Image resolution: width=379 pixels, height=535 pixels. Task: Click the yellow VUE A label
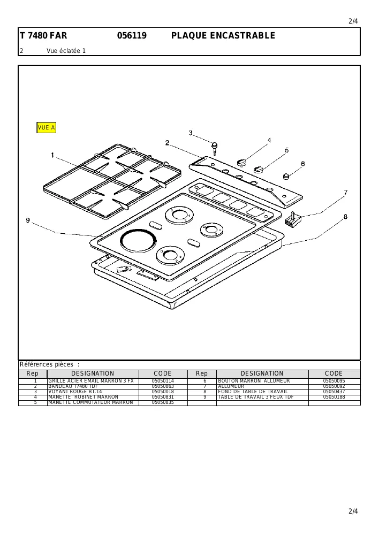click(46, 128)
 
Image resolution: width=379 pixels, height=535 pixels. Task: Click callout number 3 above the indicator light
click(191, 133)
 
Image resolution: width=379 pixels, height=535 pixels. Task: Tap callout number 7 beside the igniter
click(345, 193)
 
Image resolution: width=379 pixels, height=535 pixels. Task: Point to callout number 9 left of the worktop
click(28, 220)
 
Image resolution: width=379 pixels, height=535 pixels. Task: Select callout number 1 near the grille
click(52, 155)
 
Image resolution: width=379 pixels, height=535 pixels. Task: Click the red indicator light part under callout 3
click(215, 148)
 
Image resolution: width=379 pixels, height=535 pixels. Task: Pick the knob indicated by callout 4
click(242, 162)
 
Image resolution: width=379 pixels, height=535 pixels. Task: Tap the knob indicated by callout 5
click(259, 169)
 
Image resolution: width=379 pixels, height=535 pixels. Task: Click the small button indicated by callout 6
click(286, 176)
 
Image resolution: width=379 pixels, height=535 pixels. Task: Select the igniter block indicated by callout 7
click(292, 219)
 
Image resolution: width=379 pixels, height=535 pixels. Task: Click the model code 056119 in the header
click(132, 35)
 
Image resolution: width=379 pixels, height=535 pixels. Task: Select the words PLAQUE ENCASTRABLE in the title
click(223, 35)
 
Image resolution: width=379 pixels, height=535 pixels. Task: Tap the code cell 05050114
click(163, 381)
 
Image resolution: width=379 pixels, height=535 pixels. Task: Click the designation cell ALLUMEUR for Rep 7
click(231, 386)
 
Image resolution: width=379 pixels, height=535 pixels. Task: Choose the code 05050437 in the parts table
click(334, 392)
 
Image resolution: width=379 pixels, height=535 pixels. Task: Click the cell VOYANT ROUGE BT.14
click(75, 392)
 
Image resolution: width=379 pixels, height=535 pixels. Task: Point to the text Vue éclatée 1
click(66, 51)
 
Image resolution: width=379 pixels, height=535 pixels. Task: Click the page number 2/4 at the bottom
click(353, 511)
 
